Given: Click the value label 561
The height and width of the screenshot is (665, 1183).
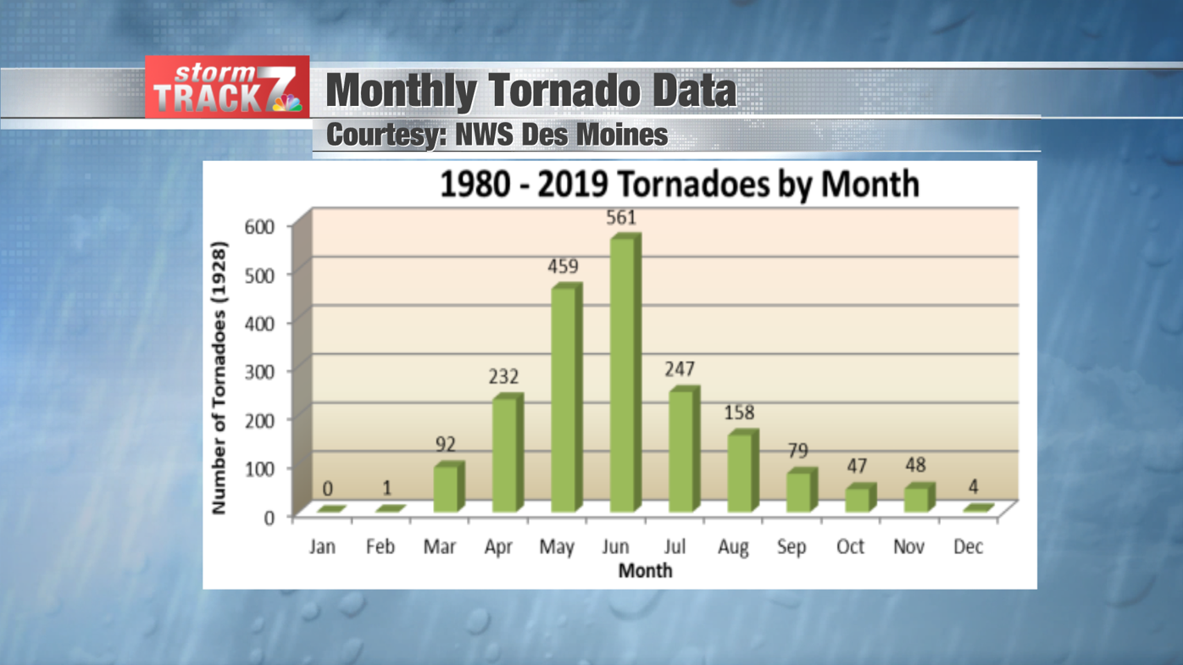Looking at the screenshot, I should pyautogui.click(x=620, y=218).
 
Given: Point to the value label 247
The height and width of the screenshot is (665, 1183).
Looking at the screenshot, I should pyautogui.click(x=679, y=369).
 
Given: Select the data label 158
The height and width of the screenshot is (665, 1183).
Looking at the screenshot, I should pyautogui.click(x=738, y=413).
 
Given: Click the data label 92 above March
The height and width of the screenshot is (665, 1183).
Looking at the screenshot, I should pyautogui.click(x=446, y=444).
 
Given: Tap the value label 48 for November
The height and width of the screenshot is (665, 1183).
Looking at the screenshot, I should pyautogui.click(x=915, y=465).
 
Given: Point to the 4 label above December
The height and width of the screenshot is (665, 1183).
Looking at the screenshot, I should pyautogui.click(x=973, y=487).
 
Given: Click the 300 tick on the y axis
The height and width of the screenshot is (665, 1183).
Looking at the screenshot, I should pyautogui.click(x=259, y=371).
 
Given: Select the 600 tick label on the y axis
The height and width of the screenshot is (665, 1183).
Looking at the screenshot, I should pyautogui.click(x=259, y=226).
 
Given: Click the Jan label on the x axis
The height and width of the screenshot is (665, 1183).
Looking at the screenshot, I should pyautogui.click(x=322, y=547).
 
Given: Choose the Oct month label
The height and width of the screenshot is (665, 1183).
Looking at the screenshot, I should pyautogui.click(x=850, y=547).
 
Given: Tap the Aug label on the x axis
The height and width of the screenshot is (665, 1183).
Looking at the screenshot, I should pyautogui.click(x=733, y=547).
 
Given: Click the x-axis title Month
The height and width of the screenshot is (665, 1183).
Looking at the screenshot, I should pyautogui.click(x=645, y=571).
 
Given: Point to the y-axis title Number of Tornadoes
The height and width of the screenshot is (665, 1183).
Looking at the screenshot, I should pyautogui.click(x=219, y=378).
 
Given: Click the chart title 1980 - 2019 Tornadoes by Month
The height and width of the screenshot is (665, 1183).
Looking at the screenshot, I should pyautogui.click(x=679, y=184).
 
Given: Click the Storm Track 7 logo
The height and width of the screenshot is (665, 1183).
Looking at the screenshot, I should pyautogui.click(x=227, y=87).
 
